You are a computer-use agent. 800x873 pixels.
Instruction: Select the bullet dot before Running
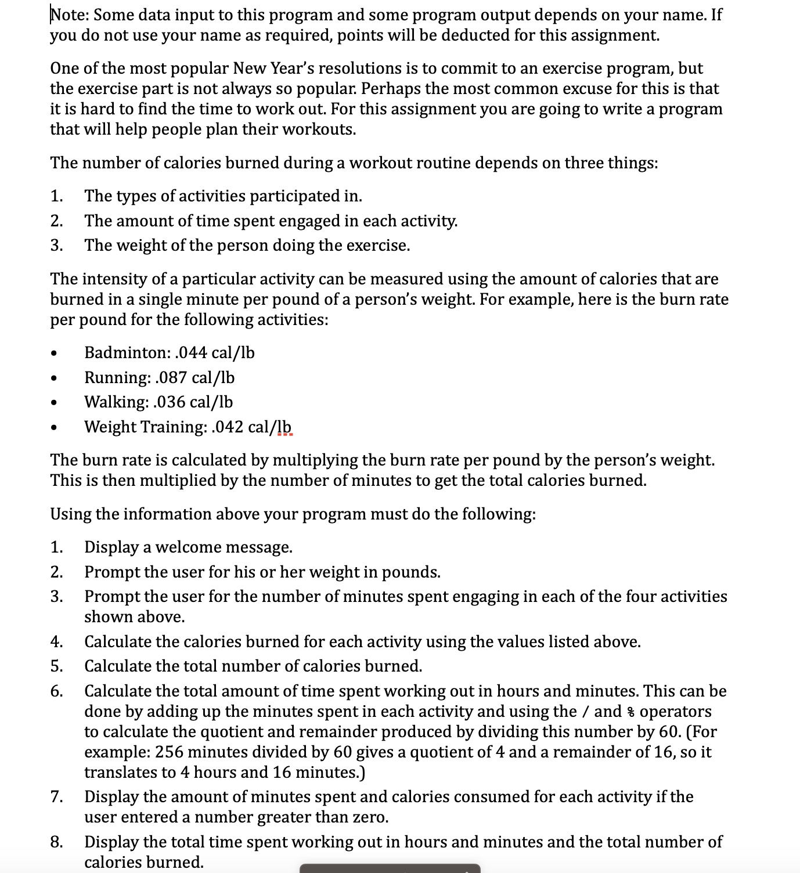(54, 378)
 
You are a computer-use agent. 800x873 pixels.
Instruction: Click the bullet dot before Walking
(54, 403)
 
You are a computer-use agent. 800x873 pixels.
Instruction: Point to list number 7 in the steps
(56, 797)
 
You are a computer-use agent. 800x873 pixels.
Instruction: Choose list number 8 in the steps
(56, 842)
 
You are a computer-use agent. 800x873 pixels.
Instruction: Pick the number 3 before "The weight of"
(56, 246)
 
